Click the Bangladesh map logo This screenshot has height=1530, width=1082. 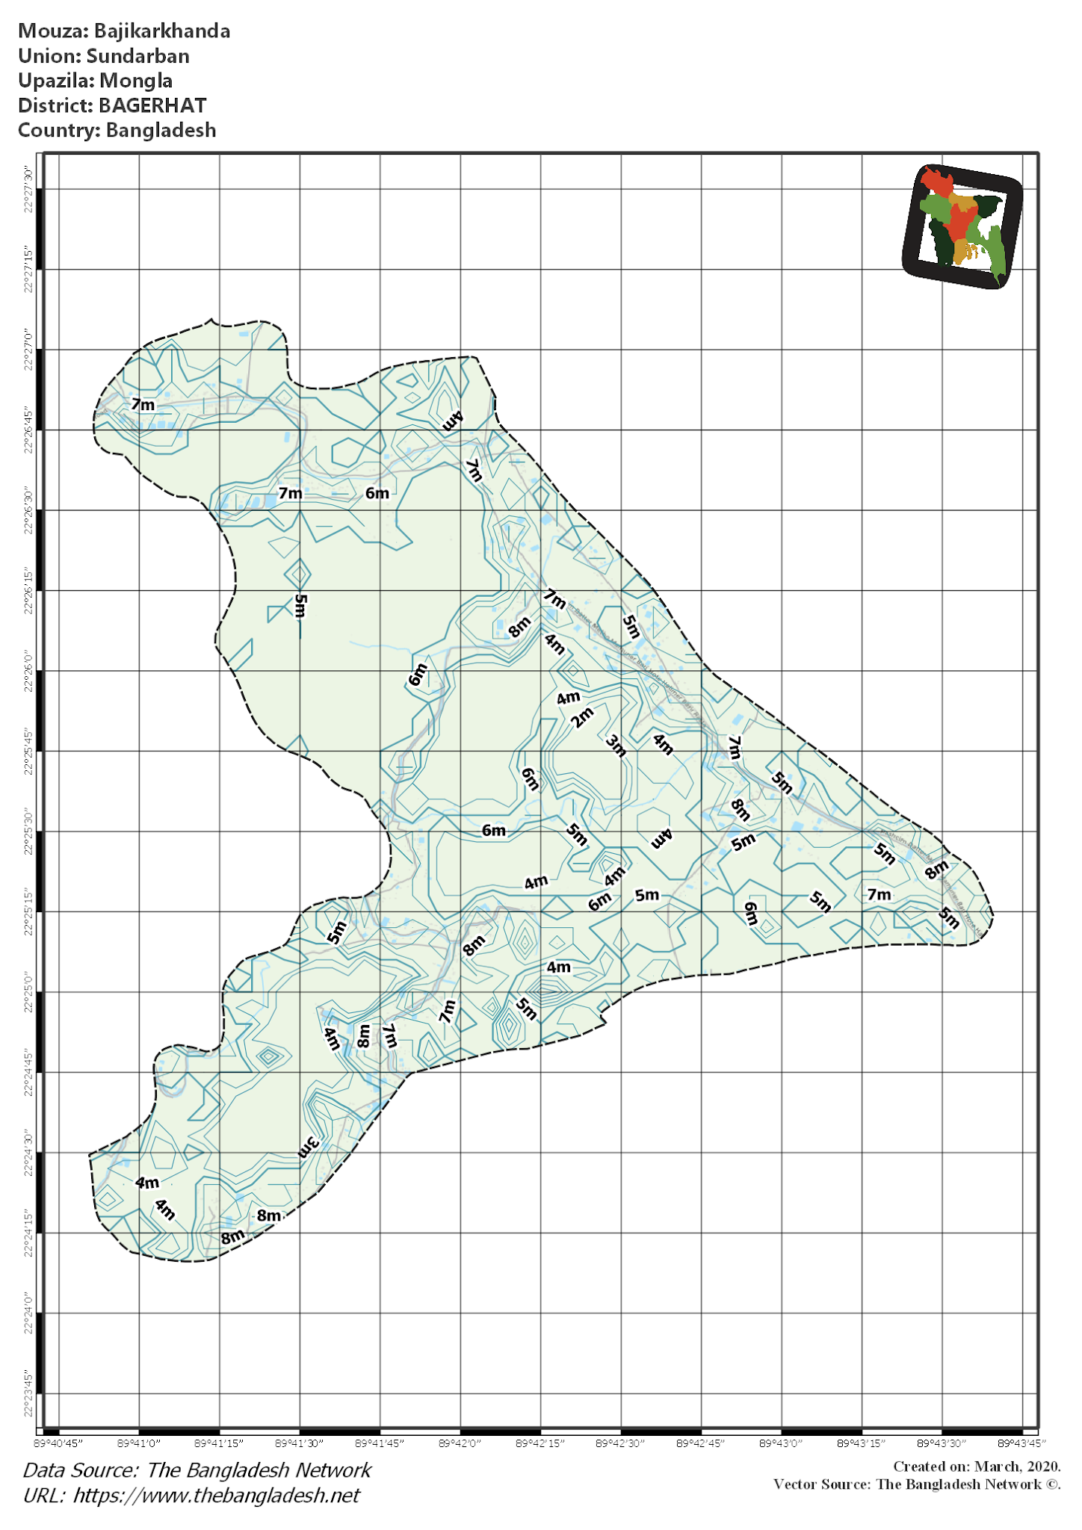coord(962,226)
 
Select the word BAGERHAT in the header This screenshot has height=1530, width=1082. coord(152,105)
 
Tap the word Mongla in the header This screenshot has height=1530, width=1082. coord(136,81)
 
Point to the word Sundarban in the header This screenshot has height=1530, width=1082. coord(137,56)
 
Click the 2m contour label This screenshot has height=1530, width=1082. coord(582,717)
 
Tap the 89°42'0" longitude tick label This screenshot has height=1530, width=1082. coord(460,1443)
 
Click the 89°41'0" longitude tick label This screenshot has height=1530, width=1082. coord(139,1443)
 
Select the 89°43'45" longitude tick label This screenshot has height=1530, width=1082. coord(1021,1443)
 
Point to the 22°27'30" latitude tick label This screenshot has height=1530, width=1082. coord(29,190)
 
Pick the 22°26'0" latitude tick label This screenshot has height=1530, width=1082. coord(29,671)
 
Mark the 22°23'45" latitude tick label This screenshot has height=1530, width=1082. coord(29,1394)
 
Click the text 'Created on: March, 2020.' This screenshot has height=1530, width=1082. coord(977,1466)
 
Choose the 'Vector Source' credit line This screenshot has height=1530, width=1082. coord(917,1484)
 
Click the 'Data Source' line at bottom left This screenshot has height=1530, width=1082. coord(197,1470)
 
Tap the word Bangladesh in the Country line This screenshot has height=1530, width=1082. coord(161,130)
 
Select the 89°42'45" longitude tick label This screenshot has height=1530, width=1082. coord(701,1443)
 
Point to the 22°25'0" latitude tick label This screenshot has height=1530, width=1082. coord(29,992)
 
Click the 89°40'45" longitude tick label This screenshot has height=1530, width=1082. coord(59,1443)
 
